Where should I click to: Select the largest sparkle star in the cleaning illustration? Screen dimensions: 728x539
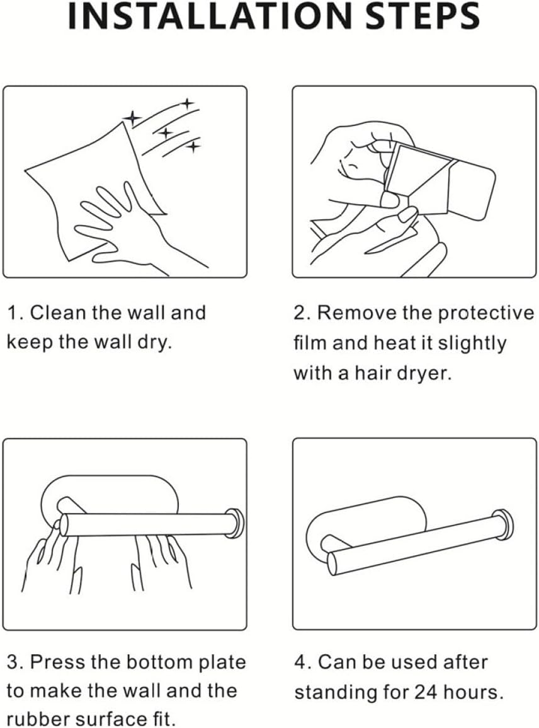[132, 117]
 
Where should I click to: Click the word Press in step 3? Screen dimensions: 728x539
[54, 662]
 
